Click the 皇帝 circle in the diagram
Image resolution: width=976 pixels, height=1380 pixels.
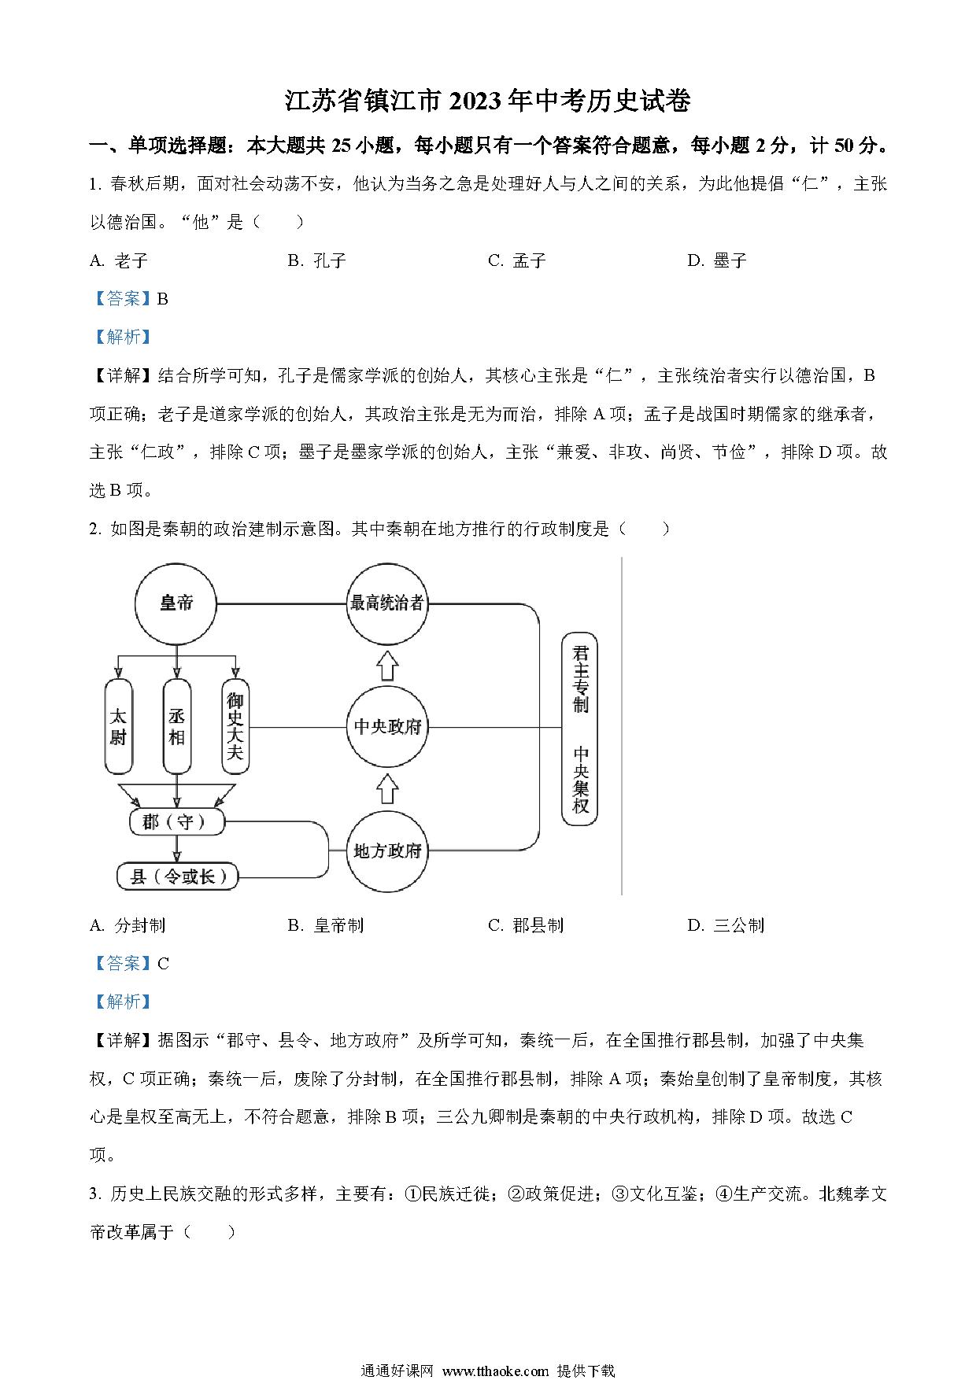[176, 603]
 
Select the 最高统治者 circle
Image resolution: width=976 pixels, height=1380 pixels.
[386, 603]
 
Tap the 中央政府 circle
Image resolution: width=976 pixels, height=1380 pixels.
[386, 726]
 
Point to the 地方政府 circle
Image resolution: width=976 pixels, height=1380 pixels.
[386, 851]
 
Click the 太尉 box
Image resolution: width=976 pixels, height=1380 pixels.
[118, 726]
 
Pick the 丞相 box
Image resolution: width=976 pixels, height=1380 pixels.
[176, 726]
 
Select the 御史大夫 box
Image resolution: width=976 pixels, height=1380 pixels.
[235, 726]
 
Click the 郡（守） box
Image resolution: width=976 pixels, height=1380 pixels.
[176, 822]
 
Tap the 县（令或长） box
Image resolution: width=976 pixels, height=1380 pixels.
[177, 876]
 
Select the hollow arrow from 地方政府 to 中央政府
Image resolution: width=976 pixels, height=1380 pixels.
[386, 788]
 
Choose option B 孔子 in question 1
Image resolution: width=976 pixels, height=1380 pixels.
[317, 261]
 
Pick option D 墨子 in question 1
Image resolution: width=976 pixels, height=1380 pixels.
[716, 261]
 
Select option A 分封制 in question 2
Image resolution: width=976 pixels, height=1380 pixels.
[128, 925]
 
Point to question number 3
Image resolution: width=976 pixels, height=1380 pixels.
[94, 1194]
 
